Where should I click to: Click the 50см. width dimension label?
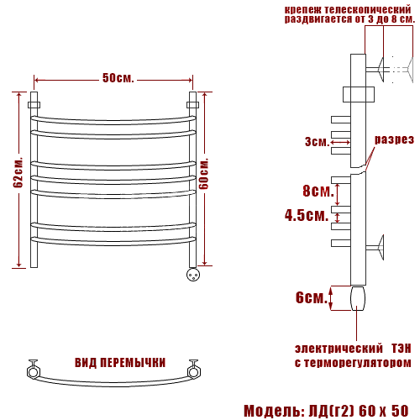pos(118,78)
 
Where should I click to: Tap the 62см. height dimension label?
pos(18,173)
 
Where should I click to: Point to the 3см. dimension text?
pos(317,142)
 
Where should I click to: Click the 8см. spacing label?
pos(318,191)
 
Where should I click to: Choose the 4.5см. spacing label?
pos(307,215)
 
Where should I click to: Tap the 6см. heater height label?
pos(312,297)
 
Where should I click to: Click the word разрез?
pos(394,139)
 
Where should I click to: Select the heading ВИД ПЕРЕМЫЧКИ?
pos(120,363)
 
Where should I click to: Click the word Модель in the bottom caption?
pos(272,411)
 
